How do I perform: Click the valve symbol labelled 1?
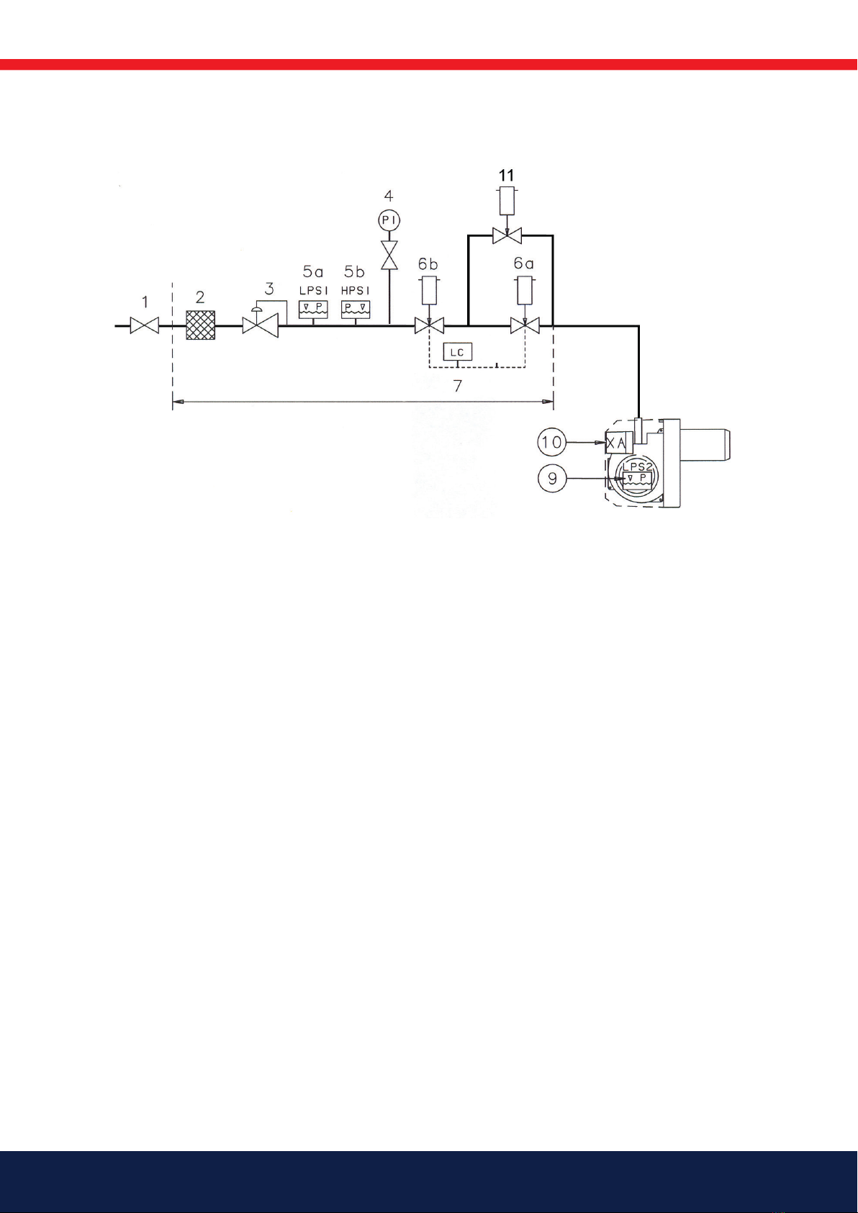(x=144, y=326)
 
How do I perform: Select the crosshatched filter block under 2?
(x=200, y=325)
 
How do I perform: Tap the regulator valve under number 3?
(x=260, y=326)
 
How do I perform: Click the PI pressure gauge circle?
(x=389, y=220)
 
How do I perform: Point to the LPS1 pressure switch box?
(x=313, y=309)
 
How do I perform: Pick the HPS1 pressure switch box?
(x=355, y=309)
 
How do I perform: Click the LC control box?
(x=457, y=352)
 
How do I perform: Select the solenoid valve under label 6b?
(x=429, y=326)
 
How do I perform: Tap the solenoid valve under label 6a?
(x=525, y=326)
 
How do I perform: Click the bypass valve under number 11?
(x=507, y=235)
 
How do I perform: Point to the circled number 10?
(x=552, y=441)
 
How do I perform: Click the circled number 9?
(x=552, y=478)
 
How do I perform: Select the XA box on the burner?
(x=616, y=443)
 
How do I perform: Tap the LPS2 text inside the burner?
(x=637, y=466)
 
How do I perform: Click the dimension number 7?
(x=458, y=387)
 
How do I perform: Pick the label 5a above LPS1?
(x=313, y=272)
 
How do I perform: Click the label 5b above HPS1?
(x=354, y=272)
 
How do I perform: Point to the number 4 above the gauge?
(x=389, y=195)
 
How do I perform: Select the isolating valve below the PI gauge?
(x=389, y=255)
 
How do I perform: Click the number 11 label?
(x=507, y=175)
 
